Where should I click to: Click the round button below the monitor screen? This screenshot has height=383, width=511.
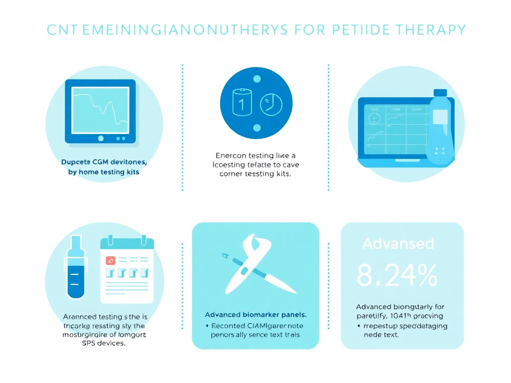point(100,138)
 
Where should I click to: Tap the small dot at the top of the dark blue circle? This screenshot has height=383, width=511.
point(257,79)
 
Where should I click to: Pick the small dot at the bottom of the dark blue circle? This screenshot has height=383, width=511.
point(257,128)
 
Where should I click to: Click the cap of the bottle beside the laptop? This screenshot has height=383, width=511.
point(440,93)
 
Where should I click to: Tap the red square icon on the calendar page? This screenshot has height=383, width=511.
point(111,260)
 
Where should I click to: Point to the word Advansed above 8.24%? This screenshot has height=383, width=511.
point(398,244)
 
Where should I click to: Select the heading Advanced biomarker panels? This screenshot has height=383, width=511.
point(255,315)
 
